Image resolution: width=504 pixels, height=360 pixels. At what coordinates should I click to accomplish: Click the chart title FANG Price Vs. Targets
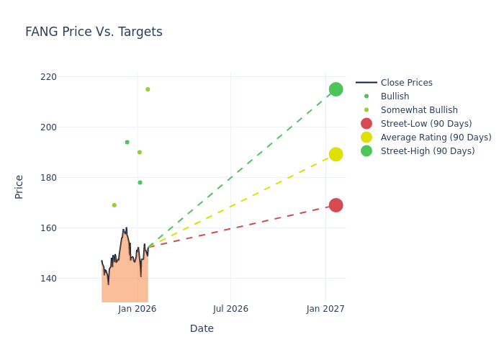point(94,32)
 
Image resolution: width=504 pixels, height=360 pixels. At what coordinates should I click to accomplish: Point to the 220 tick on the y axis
point(48,77)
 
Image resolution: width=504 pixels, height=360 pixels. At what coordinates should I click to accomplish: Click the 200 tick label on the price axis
point(48,127)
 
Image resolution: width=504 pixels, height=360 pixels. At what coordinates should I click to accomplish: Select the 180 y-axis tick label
point(48,178)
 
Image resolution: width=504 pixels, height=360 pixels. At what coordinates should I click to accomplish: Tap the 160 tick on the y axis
point(48,228)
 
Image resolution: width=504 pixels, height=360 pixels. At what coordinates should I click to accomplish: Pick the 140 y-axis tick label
point(48,279)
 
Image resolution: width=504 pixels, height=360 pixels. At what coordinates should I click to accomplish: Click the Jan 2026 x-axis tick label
point(138,309)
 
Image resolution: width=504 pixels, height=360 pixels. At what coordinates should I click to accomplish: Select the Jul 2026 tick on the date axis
point(230,309)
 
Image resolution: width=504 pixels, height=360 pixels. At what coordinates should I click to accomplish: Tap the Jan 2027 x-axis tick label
point(325,309)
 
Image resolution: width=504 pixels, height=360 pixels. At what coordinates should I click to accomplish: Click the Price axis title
point(19,186)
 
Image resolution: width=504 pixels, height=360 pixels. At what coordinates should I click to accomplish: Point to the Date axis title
point(202,329)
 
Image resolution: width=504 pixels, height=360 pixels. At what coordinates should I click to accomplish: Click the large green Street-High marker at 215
point(336,89)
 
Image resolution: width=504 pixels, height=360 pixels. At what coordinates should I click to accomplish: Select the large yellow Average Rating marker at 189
point(336,154)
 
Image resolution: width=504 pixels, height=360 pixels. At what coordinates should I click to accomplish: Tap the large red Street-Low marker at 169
point(336,205)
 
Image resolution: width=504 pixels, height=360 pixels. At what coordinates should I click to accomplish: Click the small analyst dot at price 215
point(148,89)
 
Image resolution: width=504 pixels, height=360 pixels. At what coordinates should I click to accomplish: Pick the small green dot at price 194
point(127,142)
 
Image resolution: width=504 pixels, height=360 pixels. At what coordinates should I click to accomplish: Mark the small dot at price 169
point(114,205)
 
